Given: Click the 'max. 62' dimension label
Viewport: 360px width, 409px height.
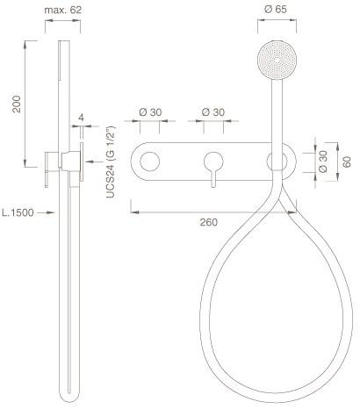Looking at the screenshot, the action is pyautogui.click(x=63, y=10).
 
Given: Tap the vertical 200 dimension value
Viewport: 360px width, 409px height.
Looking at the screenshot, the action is pyautogui.click(x=17, y=104).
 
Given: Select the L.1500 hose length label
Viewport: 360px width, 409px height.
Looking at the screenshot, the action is pyautogui.click(x=18, y=212).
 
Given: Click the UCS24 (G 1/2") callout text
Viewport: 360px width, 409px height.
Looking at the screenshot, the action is pyautogui.click(x=112, y=162).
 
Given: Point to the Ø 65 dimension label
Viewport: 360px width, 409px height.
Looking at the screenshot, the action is pyautogui.click(x=276, y=10).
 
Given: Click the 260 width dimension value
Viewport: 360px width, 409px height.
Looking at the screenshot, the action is pyautogui.click(x=209, y=222).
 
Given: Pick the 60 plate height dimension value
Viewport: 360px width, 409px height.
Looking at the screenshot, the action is pyautogui.click(x=347, y=161).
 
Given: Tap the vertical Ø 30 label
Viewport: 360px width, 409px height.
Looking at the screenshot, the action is pyautogui.click(x=323, y=161).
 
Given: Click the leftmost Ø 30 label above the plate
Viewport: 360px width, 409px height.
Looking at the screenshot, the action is pyautogui.click(x=150, y=112).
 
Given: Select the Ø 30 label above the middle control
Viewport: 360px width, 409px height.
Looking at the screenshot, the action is pyautogui.click(x=213, y=112).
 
